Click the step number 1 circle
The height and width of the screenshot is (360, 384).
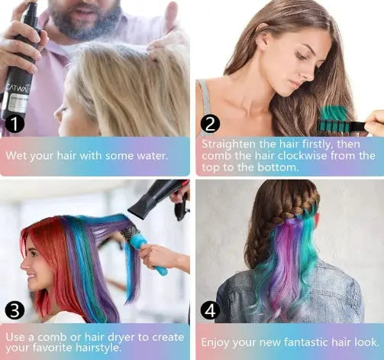pos(13,124)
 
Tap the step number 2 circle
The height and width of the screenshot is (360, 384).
pos(210,124)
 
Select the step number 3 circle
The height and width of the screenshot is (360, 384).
pos(15,309)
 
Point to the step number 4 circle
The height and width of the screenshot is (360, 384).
pos(210,309)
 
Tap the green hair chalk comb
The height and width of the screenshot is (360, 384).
pos(339,118)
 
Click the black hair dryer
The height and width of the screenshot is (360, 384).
pos(152,199)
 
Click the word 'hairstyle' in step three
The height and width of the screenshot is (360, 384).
pos(98,349)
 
